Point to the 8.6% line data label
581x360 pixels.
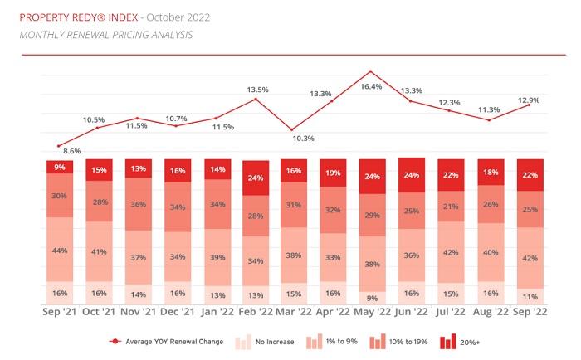[x=72, y=151]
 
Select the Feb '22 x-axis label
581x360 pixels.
[x=255, y=313]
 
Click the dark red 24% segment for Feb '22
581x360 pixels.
[x=255, y=178]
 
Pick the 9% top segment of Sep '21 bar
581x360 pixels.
[x=59, y=167]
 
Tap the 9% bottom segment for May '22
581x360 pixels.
[x=373, y=297]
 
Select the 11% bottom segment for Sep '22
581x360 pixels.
[x=530, y=295]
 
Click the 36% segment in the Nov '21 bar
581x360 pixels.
[x=138, y=204]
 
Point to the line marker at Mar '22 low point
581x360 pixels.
[x=294, y=129]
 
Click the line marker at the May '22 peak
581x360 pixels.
[x=371, y=71]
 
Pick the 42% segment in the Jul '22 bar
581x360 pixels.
[x=451, y=252]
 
